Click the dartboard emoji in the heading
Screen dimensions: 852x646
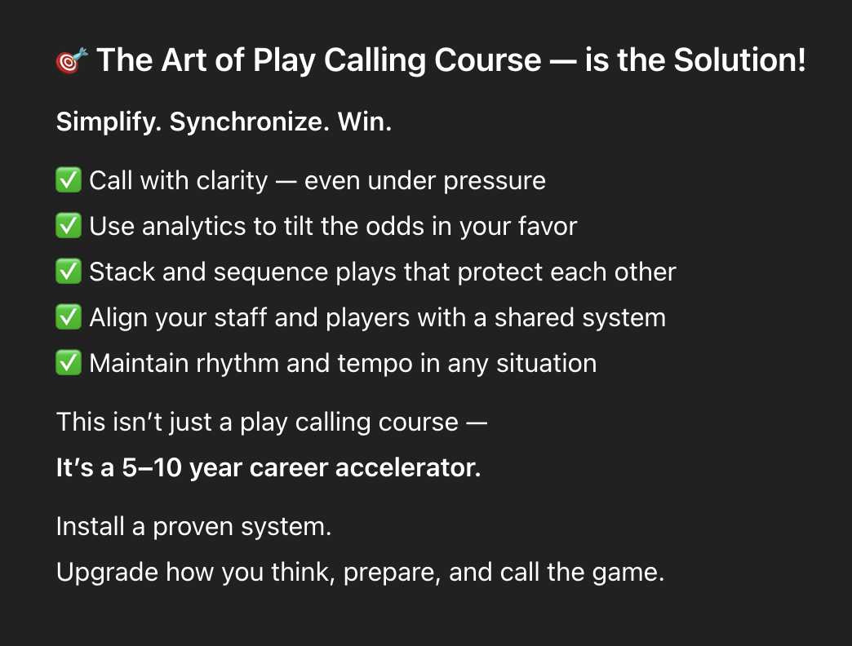tap(72, 60)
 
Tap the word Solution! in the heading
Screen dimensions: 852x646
tap(740, 60)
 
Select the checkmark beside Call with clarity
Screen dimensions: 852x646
tap(69, 179)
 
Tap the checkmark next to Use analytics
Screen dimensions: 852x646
tap(69, 225)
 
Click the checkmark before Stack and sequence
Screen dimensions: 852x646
tap(69, 271)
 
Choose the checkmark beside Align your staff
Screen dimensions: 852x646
tap(69, 316)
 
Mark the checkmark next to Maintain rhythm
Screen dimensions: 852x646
tap(69, 362)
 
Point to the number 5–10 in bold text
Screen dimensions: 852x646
tap(152, 467)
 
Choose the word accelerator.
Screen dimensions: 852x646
tap(408, 468)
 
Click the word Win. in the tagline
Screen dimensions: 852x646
tap(365, 122)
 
